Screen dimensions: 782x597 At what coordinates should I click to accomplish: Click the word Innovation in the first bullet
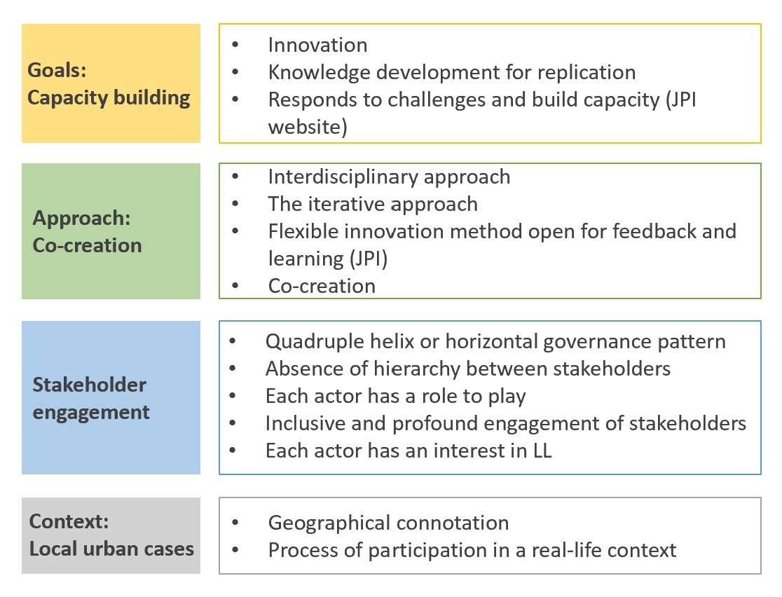coord(317,45)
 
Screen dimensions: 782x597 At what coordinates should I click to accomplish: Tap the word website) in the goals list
coord(308,128)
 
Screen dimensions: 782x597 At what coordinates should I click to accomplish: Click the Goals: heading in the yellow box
coord(57,70)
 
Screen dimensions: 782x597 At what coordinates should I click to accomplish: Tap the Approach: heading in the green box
coord(81,219)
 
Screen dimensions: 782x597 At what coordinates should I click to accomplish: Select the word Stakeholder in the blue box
coord(89,385)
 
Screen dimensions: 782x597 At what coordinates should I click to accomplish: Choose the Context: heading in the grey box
coord(69,522)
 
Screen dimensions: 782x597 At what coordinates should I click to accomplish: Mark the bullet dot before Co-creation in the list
coord(235,286)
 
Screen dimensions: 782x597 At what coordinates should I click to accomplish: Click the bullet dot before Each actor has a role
coord(233,396)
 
